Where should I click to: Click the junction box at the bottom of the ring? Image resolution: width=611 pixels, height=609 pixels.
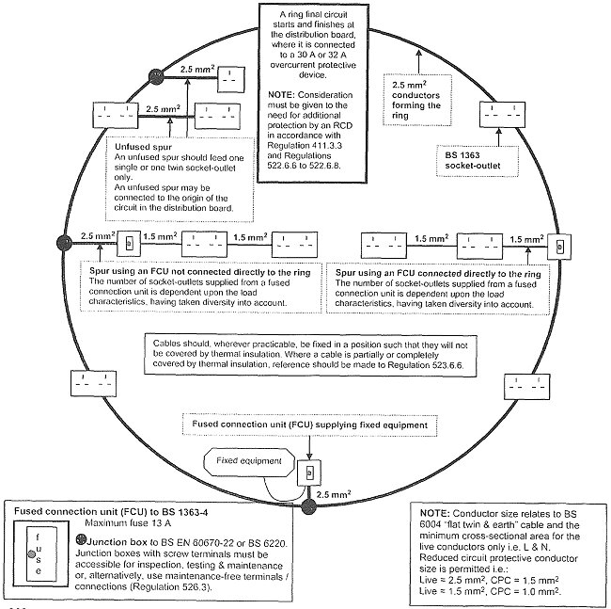click(x=309, y=506)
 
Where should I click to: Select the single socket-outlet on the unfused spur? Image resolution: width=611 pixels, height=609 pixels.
click(x=231, y=80)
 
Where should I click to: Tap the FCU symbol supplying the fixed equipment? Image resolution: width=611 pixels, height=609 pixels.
click(x=309, y=473)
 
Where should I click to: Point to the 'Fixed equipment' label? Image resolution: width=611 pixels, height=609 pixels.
click(x=249, y=460)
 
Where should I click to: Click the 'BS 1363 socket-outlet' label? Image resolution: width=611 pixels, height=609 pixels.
click(x=473, y=160)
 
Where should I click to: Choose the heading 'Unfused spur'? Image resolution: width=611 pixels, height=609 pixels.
click(x=144, y=147)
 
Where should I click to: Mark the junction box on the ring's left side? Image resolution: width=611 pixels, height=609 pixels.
click(x=64, y=243)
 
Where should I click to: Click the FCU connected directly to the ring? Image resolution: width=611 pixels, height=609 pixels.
click(x=559, y=247)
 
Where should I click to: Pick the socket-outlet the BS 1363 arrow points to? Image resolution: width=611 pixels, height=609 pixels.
click(x=502, y=115)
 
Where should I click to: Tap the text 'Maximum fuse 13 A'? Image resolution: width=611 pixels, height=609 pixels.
click(x=128, y=522)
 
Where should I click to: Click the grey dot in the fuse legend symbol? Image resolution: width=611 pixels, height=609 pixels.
click(x=32, y=553)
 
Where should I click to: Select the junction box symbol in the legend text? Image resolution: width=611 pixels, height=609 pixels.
click(x=81, y=540)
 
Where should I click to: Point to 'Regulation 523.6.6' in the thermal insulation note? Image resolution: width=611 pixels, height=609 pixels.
click(x=427, y=365)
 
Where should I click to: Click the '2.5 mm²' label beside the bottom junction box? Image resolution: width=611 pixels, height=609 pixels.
click(x=334, y=495)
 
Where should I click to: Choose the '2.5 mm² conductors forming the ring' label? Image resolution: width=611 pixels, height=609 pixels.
click(x=415, y=101)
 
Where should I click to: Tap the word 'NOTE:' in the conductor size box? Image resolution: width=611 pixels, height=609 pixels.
click(x=435, y=513)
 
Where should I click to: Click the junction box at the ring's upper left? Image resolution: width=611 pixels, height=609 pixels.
click(x=157, y=76)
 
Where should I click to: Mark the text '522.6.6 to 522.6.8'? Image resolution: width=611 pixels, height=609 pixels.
click(x=304, y=166)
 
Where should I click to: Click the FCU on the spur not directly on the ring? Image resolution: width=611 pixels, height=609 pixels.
click(x=130, y=244)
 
